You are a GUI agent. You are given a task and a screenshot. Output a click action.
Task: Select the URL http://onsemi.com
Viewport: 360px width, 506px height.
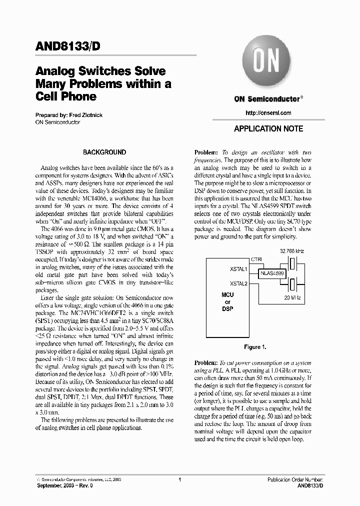click(268, 113)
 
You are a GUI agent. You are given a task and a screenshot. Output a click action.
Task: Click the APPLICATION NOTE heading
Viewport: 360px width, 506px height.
click(268, 128)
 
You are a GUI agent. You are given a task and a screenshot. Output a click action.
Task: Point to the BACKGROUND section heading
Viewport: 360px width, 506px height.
click(104, 152)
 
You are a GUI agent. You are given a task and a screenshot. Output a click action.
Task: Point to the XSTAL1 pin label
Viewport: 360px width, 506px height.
click(238, 268)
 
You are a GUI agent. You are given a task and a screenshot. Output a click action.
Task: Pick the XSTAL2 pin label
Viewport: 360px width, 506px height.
click(238, 283)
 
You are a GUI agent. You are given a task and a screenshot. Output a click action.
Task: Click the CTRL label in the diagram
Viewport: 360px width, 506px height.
click(256, 259)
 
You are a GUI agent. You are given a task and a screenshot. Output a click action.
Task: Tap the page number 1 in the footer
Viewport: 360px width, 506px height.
click(179, 479)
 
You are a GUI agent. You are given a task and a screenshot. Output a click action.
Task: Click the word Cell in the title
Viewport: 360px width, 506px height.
click(47, 96)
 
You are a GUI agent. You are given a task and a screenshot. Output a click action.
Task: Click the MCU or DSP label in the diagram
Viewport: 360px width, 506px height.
click(227, 302)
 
